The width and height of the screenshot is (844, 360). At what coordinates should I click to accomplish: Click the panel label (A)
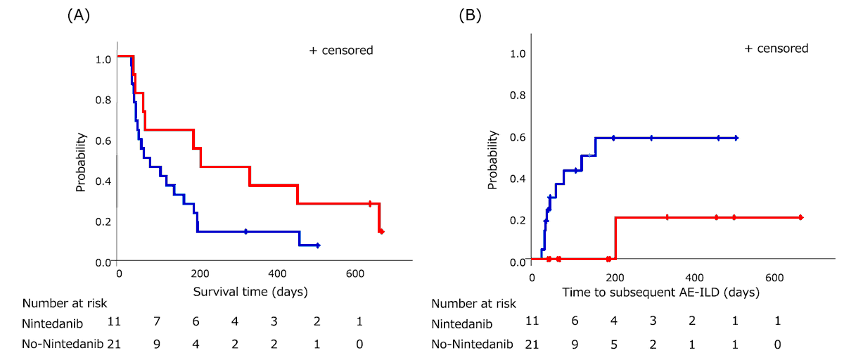click(x=78, y=15)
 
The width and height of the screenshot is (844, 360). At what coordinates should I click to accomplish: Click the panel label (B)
click(x=470, y=15)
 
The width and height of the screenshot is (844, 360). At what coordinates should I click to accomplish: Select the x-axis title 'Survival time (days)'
click(x=252, y=290)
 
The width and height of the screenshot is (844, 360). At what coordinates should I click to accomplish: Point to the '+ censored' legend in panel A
click(x=341, y=50)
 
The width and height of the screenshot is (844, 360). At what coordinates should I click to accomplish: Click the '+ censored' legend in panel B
click(x=776, y=49)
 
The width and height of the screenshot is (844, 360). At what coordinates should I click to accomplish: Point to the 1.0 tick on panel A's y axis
click(x=103, y=59)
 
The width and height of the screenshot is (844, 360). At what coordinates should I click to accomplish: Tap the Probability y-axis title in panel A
click(x=81, y=162)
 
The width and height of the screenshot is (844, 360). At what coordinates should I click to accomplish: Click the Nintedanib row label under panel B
click(x=464, y=325)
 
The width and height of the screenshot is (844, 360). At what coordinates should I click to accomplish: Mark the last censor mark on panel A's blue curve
click(x=318, y=245)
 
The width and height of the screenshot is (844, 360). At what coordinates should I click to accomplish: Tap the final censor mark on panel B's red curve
click(x=800, y=217)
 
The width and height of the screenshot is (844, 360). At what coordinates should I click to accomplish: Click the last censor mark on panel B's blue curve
click(x=736, y=138)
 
